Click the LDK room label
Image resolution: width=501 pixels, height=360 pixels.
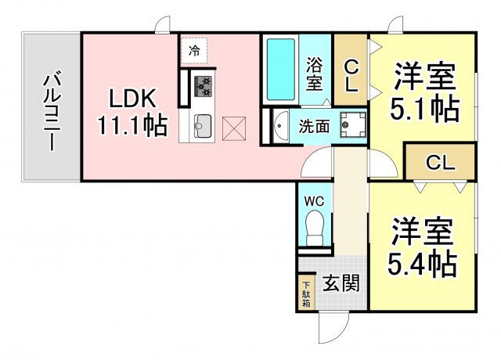pyautogui.click(x=132, y=98)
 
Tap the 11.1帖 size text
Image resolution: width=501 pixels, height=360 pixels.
pyautogui.click(x=132, y=125)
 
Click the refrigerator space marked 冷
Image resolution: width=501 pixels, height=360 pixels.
pyautogui.click(x=194, y=51)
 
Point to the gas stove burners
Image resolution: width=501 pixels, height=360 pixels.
pyautogui.click(x=203, y=85)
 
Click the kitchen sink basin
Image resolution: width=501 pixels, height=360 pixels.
pyautogui.click(x=203, y=126)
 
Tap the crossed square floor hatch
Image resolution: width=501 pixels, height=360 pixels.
pyautogui.click(x=234, y=128)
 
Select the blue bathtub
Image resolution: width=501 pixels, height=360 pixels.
pyautogui.click(x=280, y=70)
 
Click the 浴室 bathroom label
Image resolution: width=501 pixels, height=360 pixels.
pyautogui.click(x=315, y=74)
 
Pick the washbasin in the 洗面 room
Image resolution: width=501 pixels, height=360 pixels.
pyautogui.click(x=281, y=126)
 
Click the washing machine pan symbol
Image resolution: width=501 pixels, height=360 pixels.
pyautogui.click(x=353, y=124)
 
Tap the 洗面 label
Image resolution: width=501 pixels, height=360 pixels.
pyautogui.click(x=314, y=127)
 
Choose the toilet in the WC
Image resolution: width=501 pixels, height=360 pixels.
pyautogui.click(x=315, y=228)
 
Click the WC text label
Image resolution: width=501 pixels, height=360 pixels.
pyautogui.click(x=314, y=202)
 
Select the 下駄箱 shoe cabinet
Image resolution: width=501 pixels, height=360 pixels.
pyautogui.click(x=306, y=294)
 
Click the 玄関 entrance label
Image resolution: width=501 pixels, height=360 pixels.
pyautogui.click(x=341, y=283)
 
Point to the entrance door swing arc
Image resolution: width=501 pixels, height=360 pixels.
pyautogui.click(x=333, y=326)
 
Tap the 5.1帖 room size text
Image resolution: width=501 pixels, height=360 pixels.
pyautogui.click(x=424, y=110)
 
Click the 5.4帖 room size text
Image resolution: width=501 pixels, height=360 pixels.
pyautogui.click(x=422, y=265)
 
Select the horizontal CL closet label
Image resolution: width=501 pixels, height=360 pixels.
pyautogui.click(x=440, y=163)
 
